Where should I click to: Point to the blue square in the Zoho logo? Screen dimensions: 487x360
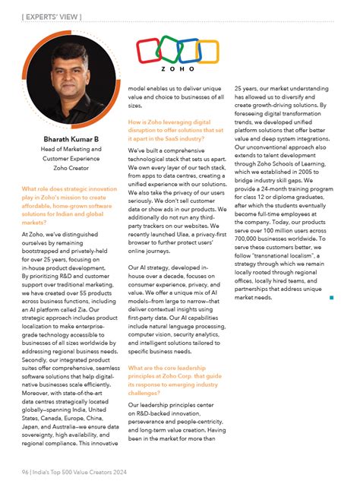click(x=190, y=51)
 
